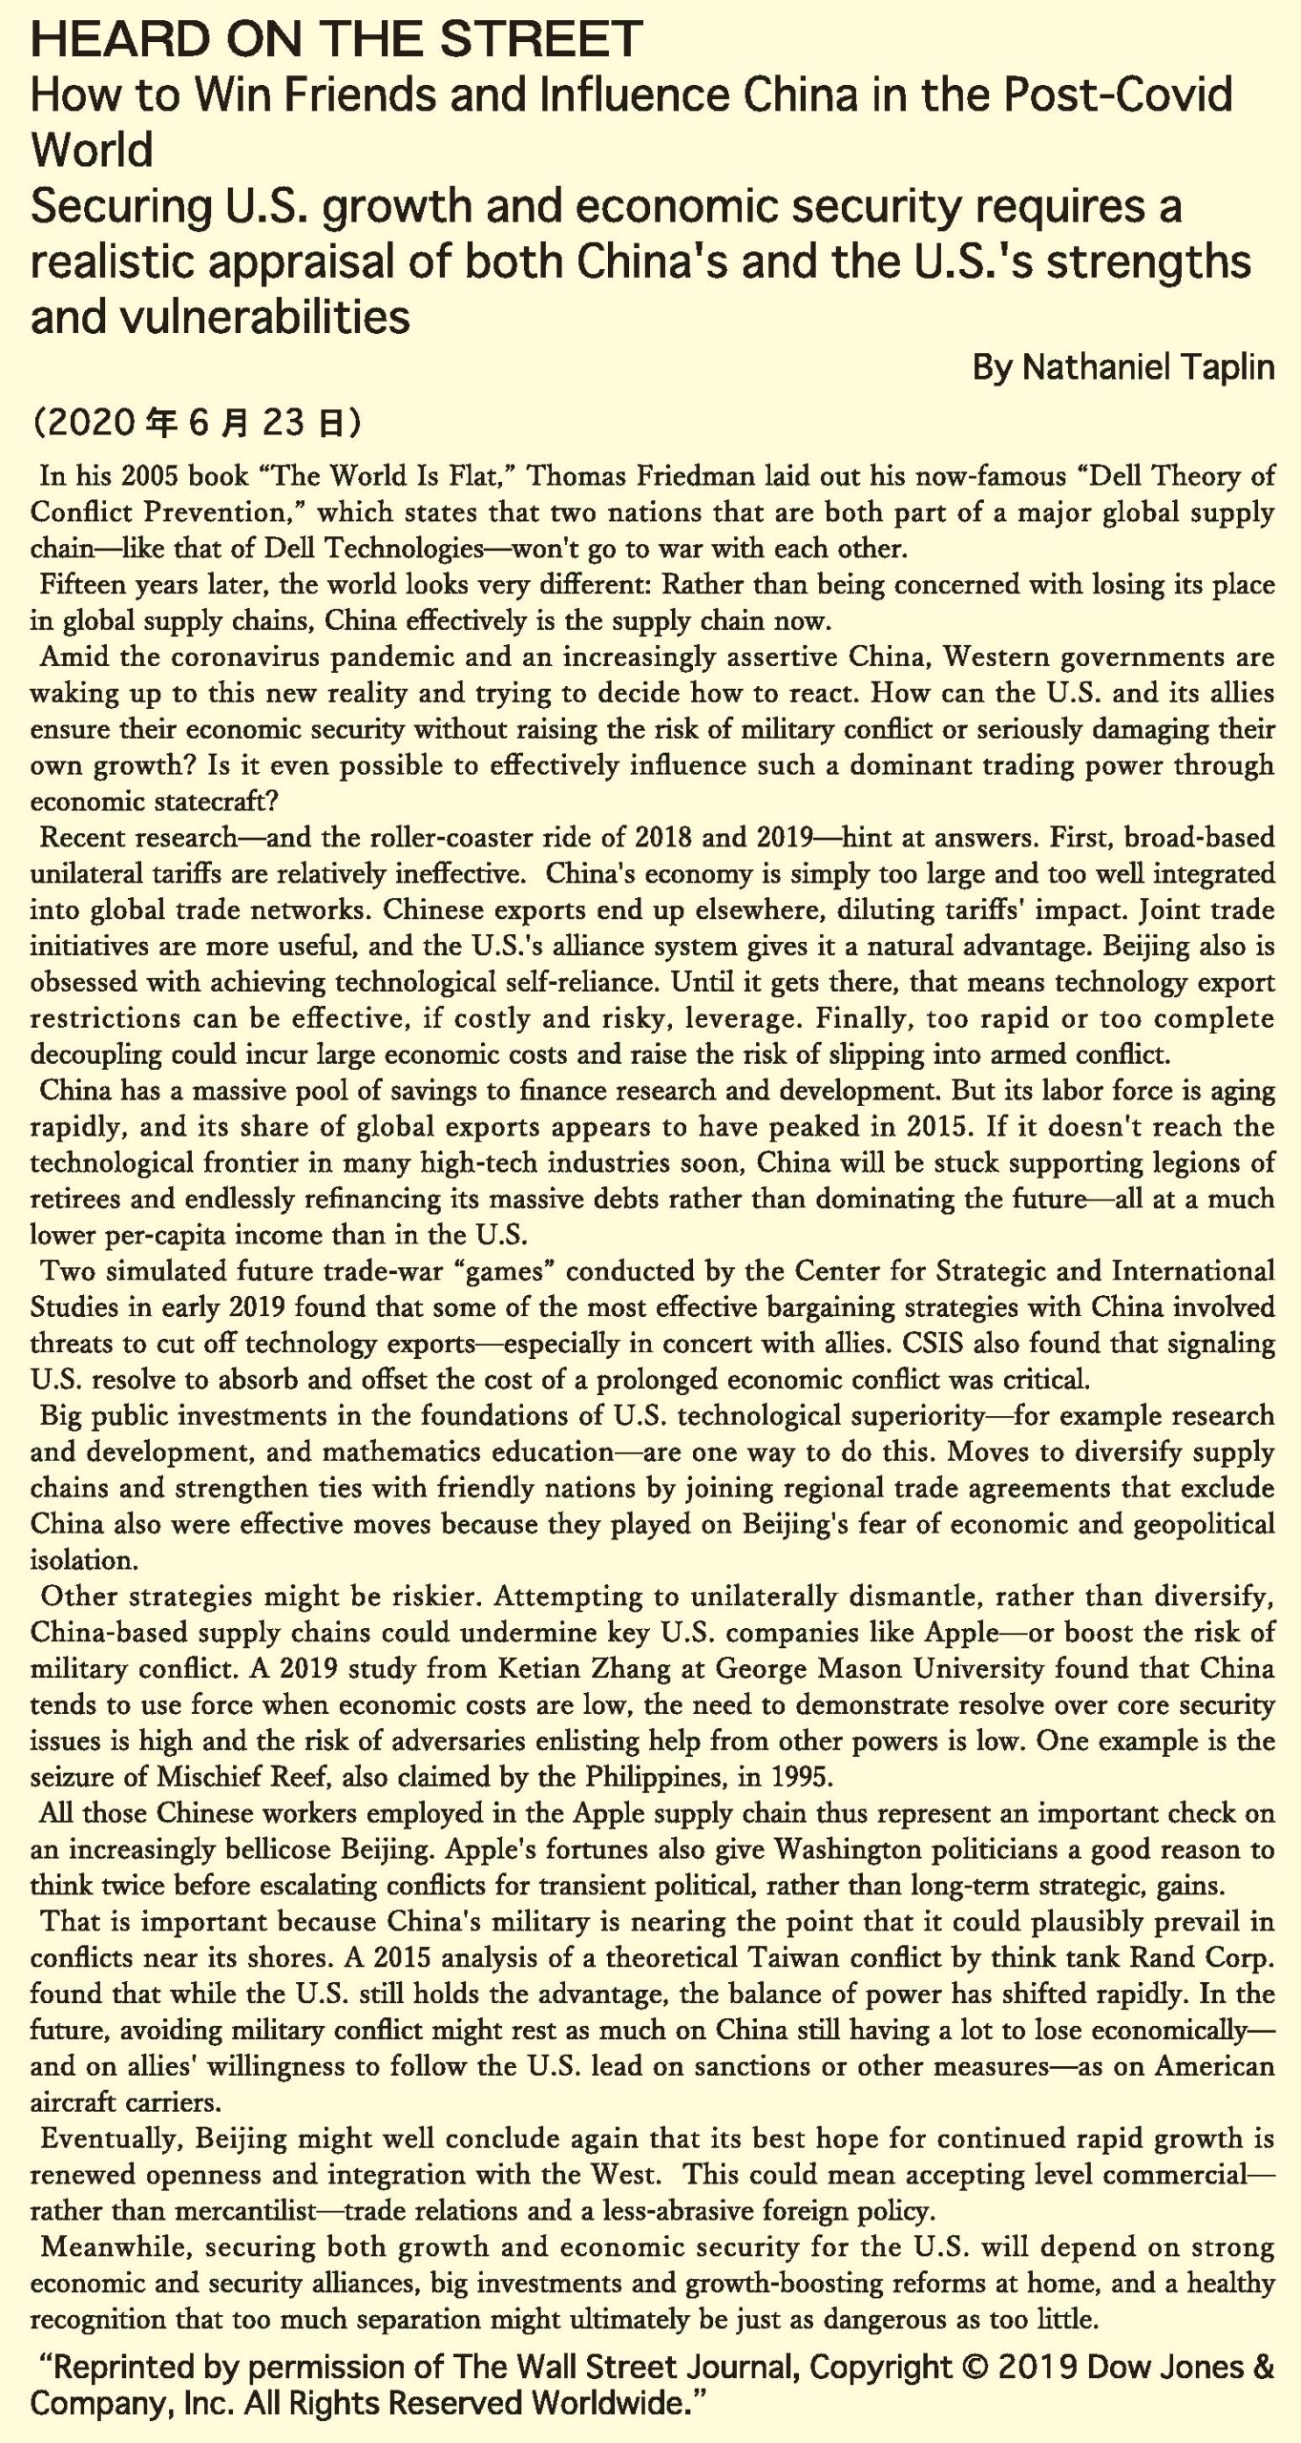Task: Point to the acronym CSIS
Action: (x=1102, y=1344)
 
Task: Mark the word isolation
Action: (x=84, y=1560)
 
